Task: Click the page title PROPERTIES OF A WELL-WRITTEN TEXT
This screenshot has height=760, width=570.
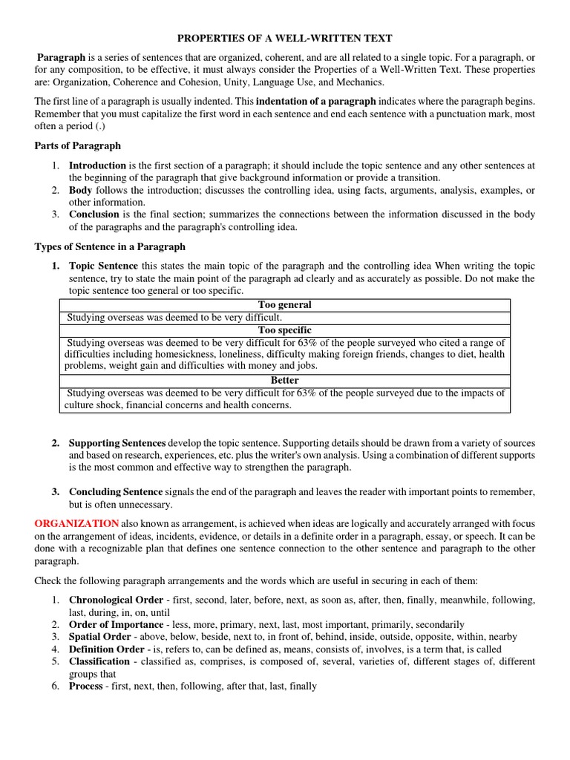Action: (x=284, y=38)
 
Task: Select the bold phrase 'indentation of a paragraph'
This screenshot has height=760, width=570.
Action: (x=316, y=101)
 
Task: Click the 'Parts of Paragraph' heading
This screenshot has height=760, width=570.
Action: (x=78, y=145)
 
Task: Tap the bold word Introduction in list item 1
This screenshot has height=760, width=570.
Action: (x=98, y=166)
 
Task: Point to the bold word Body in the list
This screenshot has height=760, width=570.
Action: (x=81, y=191)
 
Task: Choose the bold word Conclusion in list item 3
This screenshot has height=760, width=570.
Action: (x=94, y=214)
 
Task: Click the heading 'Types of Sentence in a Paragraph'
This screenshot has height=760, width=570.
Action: (x=110, y=246)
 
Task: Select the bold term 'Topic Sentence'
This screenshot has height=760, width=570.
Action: (x=103, y=266)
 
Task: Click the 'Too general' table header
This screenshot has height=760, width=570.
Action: (x=284, y=305)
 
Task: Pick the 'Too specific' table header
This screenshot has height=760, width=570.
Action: (x=284, y=330)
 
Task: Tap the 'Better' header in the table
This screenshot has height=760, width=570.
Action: (x=284, y=380)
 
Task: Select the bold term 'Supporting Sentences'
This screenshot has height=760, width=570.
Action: (x=118, y=443)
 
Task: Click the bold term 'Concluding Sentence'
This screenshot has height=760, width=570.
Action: (x=116, y=492)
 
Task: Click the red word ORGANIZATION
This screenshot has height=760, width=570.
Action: (x=76, y=523)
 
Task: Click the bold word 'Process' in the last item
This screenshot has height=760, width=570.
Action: (x=85, y=687)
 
